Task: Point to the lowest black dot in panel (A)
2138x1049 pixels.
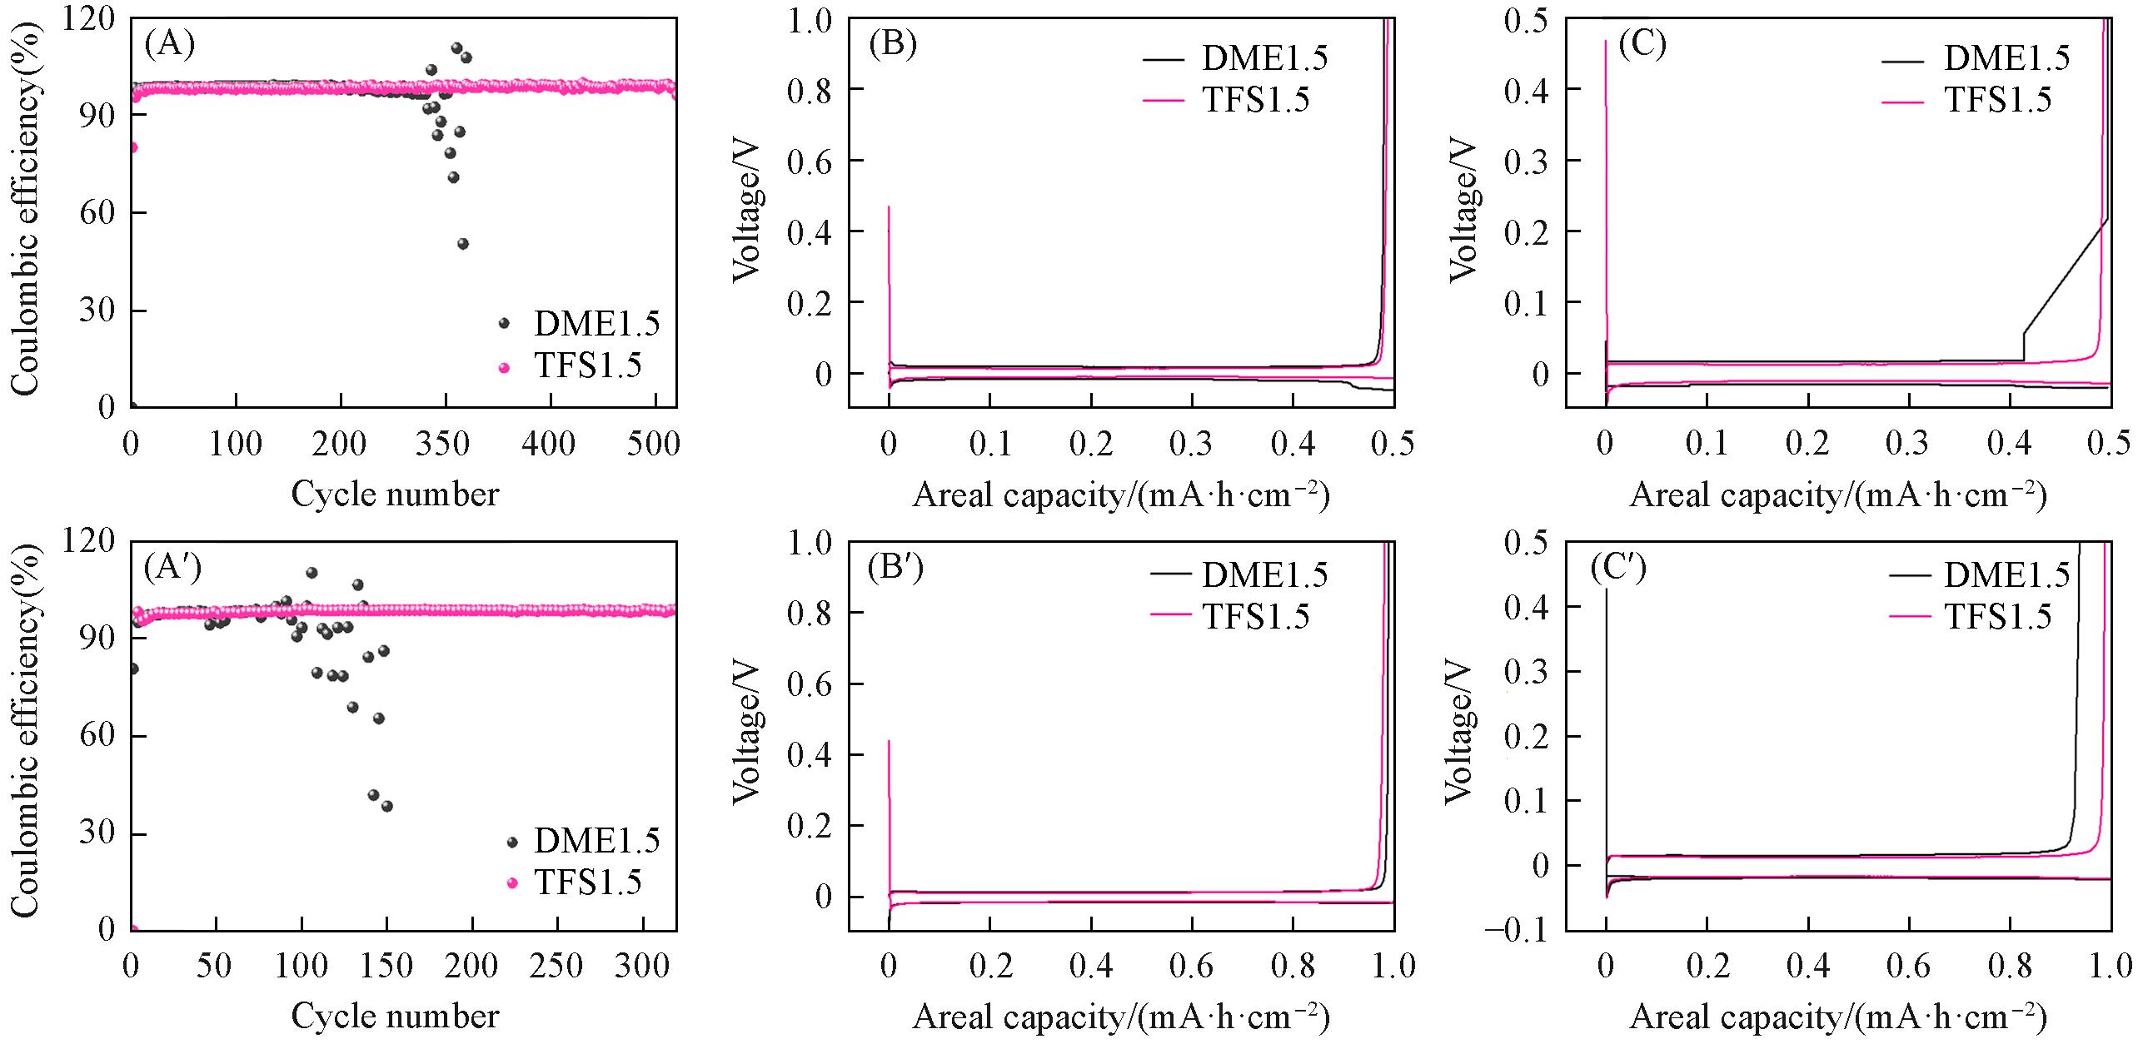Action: click(463, 244)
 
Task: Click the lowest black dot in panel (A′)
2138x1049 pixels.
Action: click(386, 806)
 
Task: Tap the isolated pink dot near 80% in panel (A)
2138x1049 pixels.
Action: click(132, 147)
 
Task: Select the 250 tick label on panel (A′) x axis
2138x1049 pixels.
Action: click(557, 966)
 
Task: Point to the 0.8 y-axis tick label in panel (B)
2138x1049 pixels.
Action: click(810, 90)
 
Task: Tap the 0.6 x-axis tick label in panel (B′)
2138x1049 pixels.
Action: click(1192, 966)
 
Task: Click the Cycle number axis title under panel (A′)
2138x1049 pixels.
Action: click(395, 1017)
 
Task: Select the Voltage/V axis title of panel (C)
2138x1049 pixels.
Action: click(1464, 212)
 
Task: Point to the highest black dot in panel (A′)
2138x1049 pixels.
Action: click(311, 573)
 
